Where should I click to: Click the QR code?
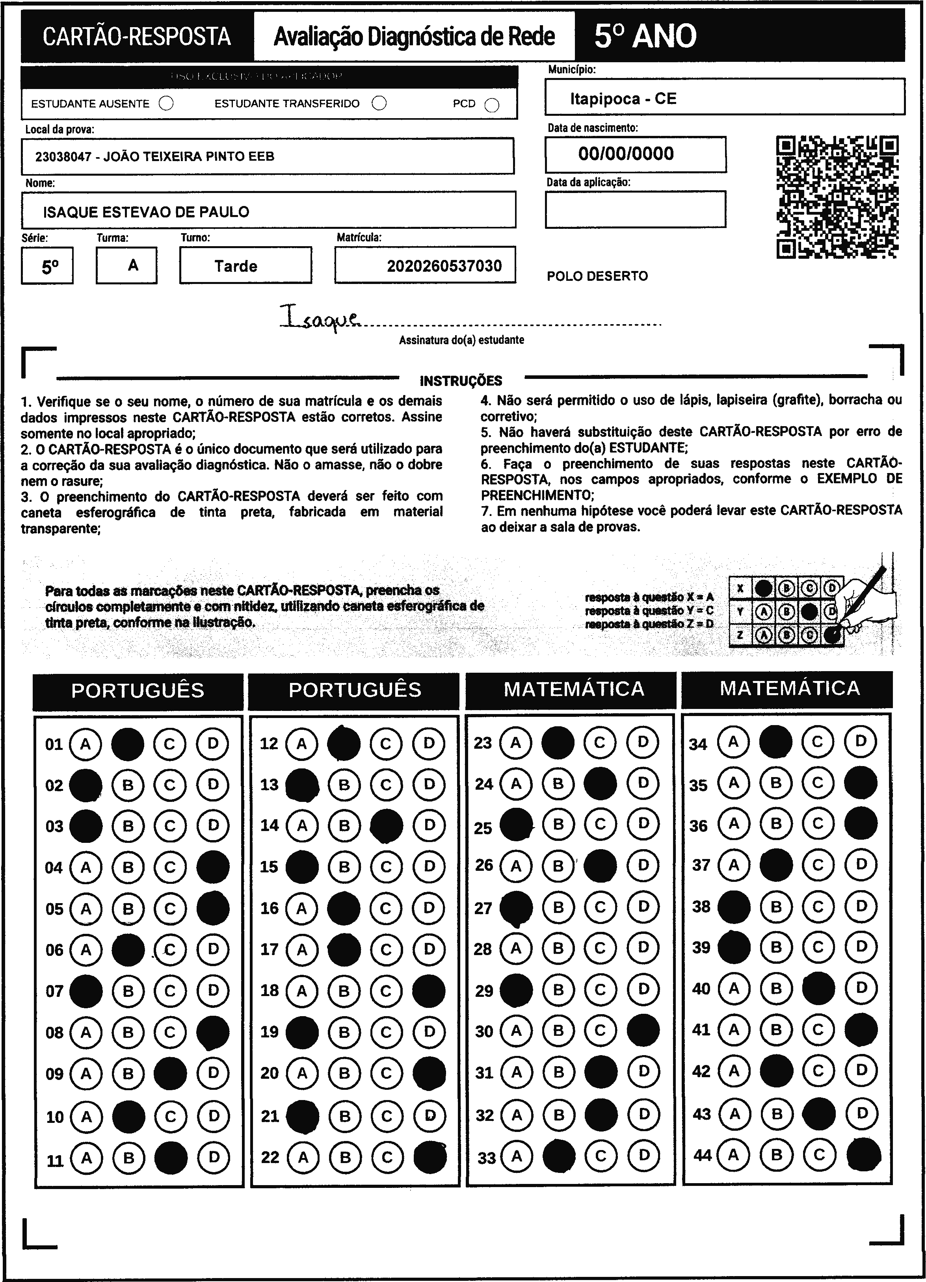838,197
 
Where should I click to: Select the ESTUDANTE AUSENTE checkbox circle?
166,104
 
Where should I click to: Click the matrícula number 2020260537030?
444,266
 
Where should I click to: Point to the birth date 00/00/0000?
626,154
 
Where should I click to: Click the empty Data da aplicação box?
635,209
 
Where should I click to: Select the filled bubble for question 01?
128,744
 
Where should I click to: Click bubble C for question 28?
600,948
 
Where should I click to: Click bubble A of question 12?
301,743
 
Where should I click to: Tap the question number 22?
270,1157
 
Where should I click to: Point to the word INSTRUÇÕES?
461,380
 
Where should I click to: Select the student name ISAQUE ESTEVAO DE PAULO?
146,212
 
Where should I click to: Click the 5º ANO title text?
645,37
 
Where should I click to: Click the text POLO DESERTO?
597,276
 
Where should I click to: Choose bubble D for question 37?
860,865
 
